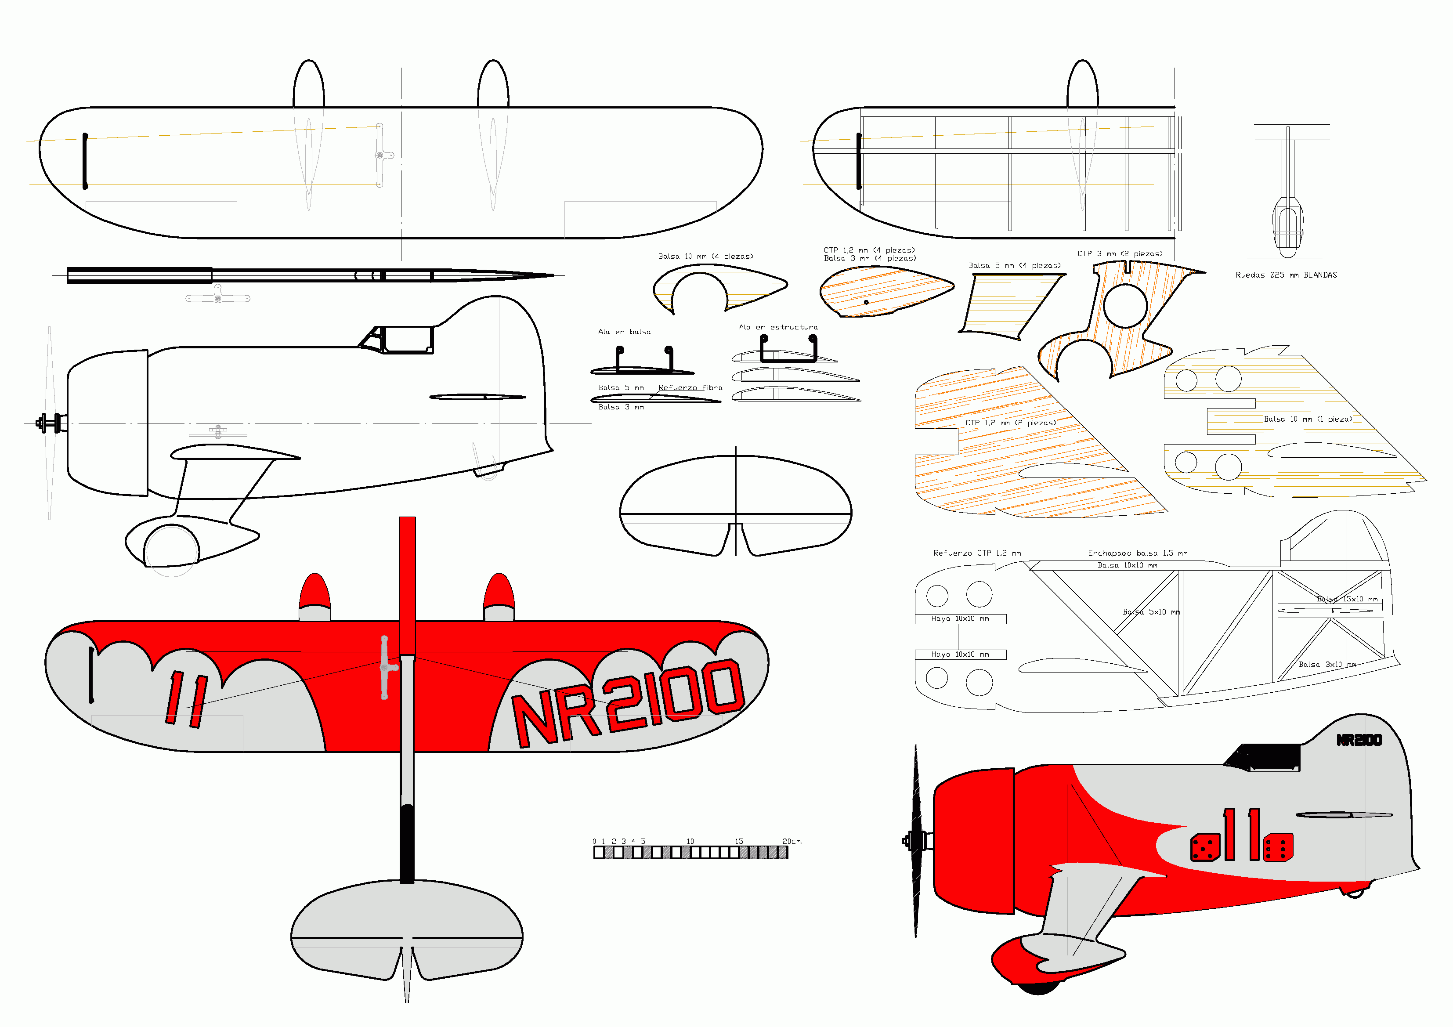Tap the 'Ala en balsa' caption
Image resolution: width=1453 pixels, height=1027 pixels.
coord(624,332)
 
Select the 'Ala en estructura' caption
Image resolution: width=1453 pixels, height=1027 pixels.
coord(778,328)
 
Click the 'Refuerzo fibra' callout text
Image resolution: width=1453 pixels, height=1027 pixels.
coord(690,388)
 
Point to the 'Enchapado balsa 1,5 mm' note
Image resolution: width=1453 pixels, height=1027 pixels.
coord(1137,553)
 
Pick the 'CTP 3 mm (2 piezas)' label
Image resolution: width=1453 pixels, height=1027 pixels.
coord(1120,254)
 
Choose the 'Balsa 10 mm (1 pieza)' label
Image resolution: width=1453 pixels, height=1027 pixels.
coord(1308,419)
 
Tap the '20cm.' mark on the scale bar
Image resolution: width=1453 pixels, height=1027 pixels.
coord(792,842)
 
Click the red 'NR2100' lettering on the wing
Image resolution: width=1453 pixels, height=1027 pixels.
coord(626,702)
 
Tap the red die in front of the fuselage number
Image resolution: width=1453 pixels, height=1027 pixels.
coord(1205,848)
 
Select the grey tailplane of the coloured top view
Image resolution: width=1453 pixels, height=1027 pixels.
coord(407,927)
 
